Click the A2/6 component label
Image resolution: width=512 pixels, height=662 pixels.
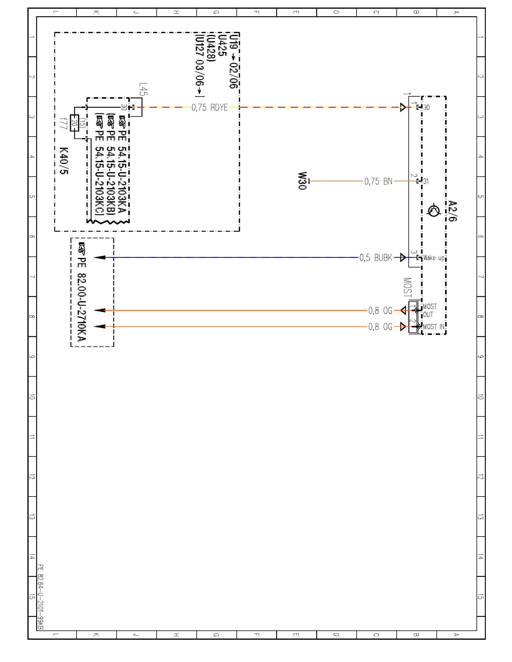pyautogui.click(x=453, y=211)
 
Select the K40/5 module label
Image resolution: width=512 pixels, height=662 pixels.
pyautogui.click(x=64, y=161)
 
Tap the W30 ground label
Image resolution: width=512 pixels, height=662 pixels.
pyautogui.click(x=302, y=181)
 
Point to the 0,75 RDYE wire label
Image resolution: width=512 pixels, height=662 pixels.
pyautogui.click(x=209, y=108)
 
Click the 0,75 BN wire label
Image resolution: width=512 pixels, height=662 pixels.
pyautogui.click(x=378, y=181)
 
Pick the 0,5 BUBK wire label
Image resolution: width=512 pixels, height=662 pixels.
pyautogui.click(x=376, y=258)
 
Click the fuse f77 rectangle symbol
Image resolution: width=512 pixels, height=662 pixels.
pyautogui.click(x=75, y=123)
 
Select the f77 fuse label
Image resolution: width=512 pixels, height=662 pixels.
pyautogui.click(x=63, y=123)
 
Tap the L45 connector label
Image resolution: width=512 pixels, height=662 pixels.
pyautogui.click(x=143, y=89)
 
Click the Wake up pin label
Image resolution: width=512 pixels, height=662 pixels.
pyautogui.click(x=433, y=258)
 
